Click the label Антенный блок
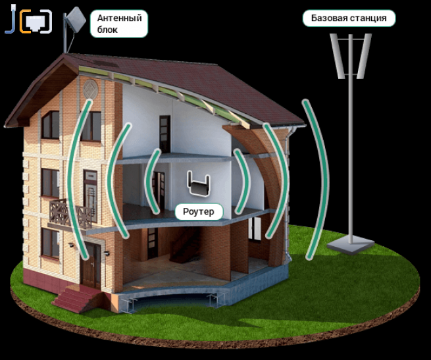pos(119,23)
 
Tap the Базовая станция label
pos(349,18)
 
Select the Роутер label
pos(198,211)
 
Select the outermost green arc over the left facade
pos(76,178)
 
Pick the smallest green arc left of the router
pos(153,181)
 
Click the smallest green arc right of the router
pos(242,181)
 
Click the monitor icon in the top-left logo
pos(36,22)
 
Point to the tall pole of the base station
pos(350,158)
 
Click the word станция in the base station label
pos(368,18)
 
